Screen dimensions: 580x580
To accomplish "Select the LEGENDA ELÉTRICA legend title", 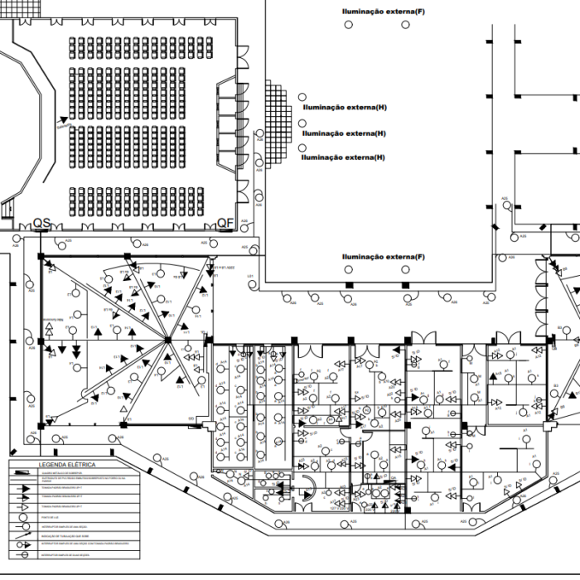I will click(x=61, y=466).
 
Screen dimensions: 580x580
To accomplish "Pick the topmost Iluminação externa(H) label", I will click(x=346, y=108).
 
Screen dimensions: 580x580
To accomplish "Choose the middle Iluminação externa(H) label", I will click(x=344, y=133).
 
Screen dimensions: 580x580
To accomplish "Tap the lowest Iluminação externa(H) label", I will click(x=343, y=157).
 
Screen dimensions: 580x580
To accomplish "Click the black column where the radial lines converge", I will click(x=167, y=340).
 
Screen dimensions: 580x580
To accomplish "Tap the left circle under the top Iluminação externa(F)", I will click(x=349, y=25).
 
